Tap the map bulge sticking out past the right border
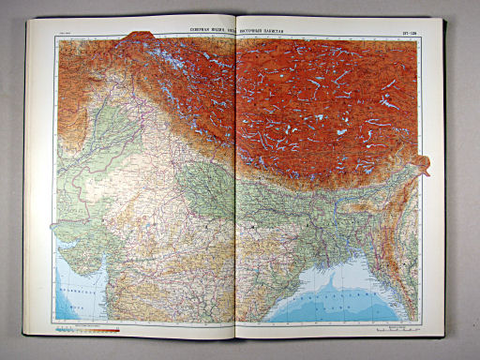tap(425, 166)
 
